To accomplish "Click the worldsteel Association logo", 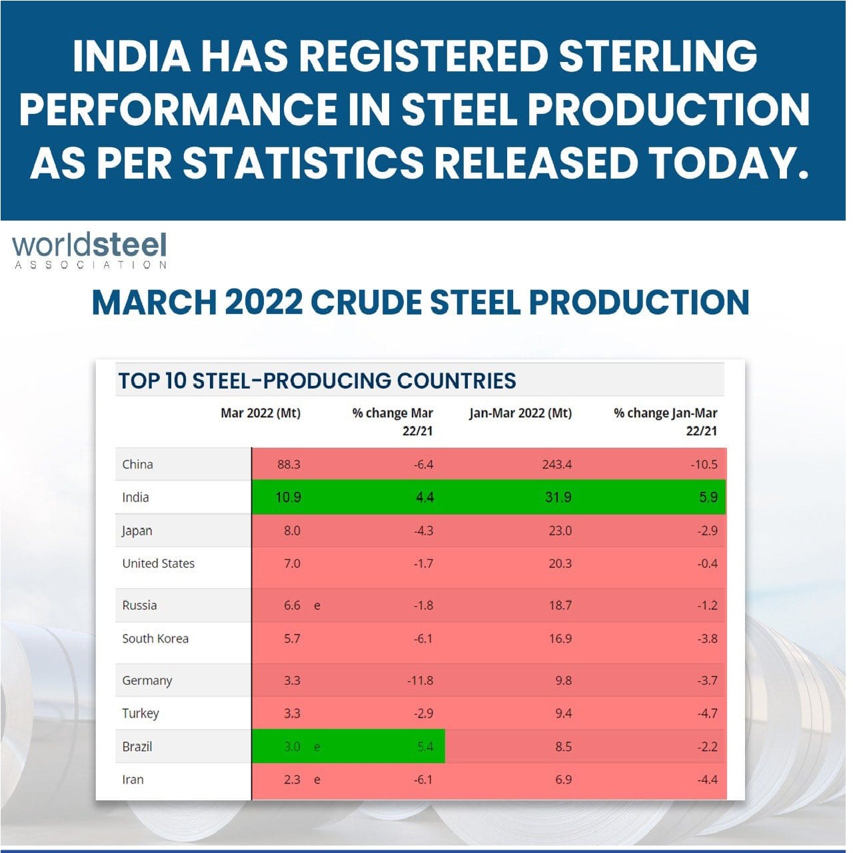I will coord(89,250).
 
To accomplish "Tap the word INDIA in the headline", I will coord(131,56).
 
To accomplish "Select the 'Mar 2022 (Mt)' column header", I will coord(260,413).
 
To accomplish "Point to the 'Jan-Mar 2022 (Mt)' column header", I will coord(520,413).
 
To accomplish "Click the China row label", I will coord(137,464).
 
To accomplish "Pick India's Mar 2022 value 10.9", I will coord(288,497).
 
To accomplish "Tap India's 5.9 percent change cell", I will coord(708,497).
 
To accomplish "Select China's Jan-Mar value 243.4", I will coord(556,464).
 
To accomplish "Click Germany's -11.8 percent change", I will coord(420,680).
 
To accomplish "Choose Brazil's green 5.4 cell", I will coord(425,746).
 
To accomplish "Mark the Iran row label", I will coord(133,780).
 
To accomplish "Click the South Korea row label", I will coord(155,638).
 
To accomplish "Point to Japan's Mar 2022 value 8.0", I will coord(292,530).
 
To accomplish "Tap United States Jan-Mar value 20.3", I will coord(560,564).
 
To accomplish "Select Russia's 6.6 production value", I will coord(292,605).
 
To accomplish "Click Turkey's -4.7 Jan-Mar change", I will coord(706,714).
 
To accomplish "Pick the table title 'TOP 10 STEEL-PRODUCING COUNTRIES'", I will coord(317,381).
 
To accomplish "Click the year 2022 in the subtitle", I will coord(263,302).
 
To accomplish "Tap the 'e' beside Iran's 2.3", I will coord(317,780).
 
